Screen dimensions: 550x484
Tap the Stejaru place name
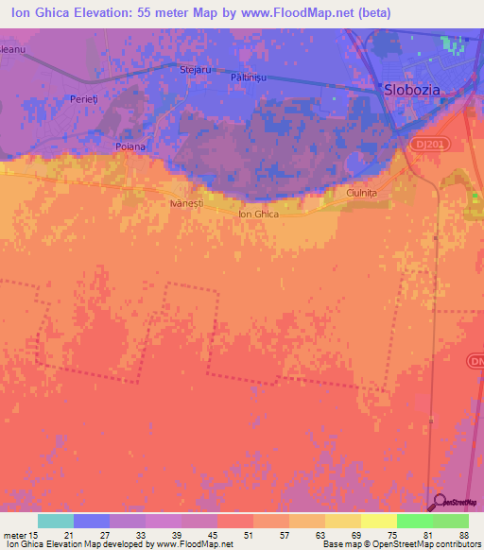[x=195, y=69]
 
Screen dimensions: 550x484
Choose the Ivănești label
[x=186, y=203]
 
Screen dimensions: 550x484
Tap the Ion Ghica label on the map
[x=258, y=215]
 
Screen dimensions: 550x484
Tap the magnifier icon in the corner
[x=440, y=502]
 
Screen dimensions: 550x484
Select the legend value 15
[x=35, y=535]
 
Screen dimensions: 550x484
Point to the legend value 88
[x=463, y=535]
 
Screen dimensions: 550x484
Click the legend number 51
[x=249, y=535]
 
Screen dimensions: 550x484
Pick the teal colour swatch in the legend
[x=56, y=521]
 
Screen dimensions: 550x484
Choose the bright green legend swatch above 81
[x=414, y=521]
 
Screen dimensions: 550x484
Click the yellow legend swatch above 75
[x=378, y=521]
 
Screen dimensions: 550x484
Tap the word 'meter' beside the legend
[x=13, y=535]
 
